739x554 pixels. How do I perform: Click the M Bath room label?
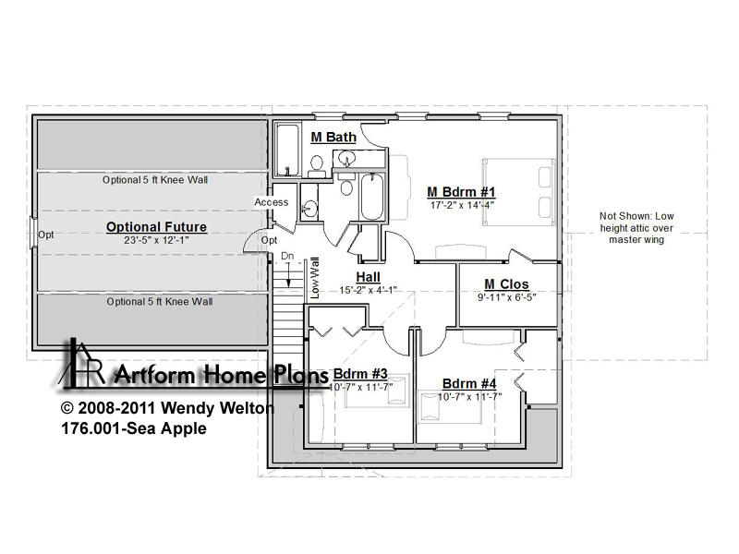tap(333, 137)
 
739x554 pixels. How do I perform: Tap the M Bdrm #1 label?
tap(461, 192)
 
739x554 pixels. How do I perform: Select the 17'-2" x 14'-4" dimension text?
tap(462, 205)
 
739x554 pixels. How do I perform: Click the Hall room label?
tap(368, 276)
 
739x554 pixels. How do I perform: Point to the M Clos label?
tap(506, 284)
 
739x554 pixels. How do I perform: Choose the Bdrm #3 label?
tap(360, 374)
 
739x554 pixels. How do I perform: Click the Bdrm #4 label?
tap(469, 383)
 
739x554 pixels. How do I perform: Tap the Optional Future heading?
tap(156, 226)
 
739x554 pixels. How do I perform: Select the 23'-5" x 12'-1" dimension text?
tap(156, 240)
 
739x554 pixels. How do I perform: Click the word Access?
tap(272, 202)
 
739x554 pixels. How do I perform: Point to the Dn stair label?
tap(287, 256)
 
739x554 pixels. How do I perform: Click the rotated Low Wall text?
tap(315, 278)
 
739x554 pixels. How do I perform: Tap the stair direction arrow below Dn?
tap(288, 274)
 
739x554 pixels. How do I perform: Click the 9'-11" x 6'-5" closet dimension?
tap(506, 297)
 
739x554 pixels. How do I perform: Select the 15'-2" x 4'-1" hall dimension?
tap(368, 290)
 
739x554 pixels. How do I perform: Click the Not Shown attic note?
tap(636, 228)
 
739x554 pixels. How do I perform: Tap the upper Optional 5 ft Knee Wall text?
tap(155, 180)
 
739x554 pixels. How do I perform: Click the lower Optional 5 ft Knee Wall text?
tap(159, 302)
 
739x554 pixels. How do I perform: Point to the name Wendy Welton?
tap(217, 408)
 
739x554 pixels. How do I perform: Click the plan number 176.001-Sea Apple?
tap(134, 428)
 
